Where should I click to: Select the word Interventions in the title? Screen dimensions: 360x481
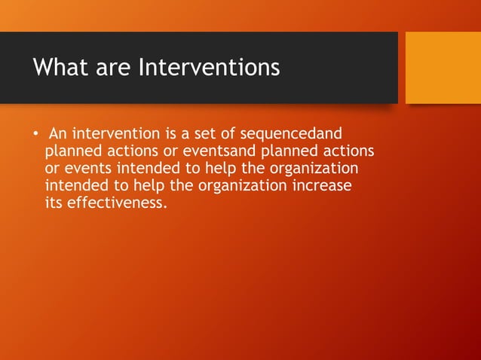pos(209,68)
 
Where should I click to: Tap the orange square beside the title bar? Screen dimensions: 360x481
pos(443,67)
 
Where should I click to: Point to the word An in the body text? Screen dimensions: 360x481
pos(58,135)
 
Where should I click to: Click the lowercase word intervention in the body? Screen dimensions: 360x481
pos(110,135)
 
